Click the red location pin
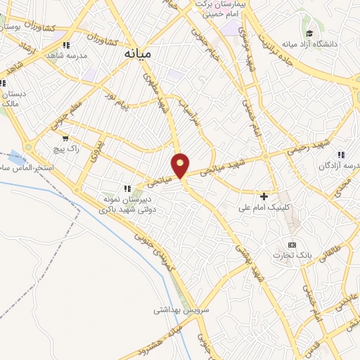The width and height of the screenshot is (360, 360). coord(181,166)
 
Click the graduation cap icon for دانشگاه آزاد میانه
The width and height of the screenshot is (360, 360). coord(309,32)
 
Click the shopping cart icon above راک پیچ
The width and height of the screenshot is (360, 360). coord(65,138)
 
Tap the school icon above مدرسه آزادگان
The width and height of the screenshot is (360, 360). coord(340,155)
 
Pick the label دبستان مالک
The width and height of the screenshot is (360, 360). coord(13,98)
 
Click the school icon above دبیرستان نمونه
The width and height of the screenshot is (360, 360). coord(127,188)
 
